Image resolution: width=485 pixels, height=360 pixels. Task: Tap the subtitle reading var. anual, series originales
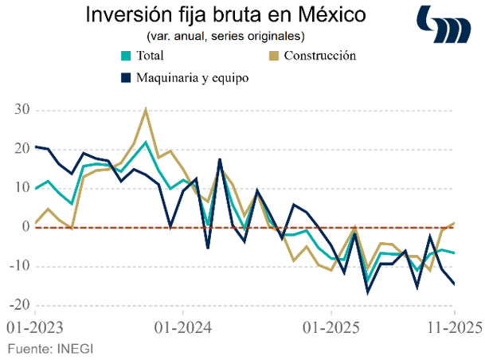(x=226, y=37)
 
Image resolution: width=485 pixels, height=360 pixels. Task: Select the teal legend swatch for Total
(x=125, y=56)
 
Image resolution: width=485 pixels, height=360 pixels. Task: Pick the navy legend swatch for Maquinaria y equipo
(x=125, y=78)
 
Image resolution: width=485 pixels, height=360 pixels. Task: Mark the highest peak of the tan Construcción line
(x=146, y=110)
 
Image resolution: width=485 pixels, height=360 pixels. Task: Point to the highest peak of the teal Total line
(x=146, y=143)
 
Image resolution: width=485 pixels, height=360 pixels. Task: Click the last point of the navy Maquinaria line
(x=455, y=284)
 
